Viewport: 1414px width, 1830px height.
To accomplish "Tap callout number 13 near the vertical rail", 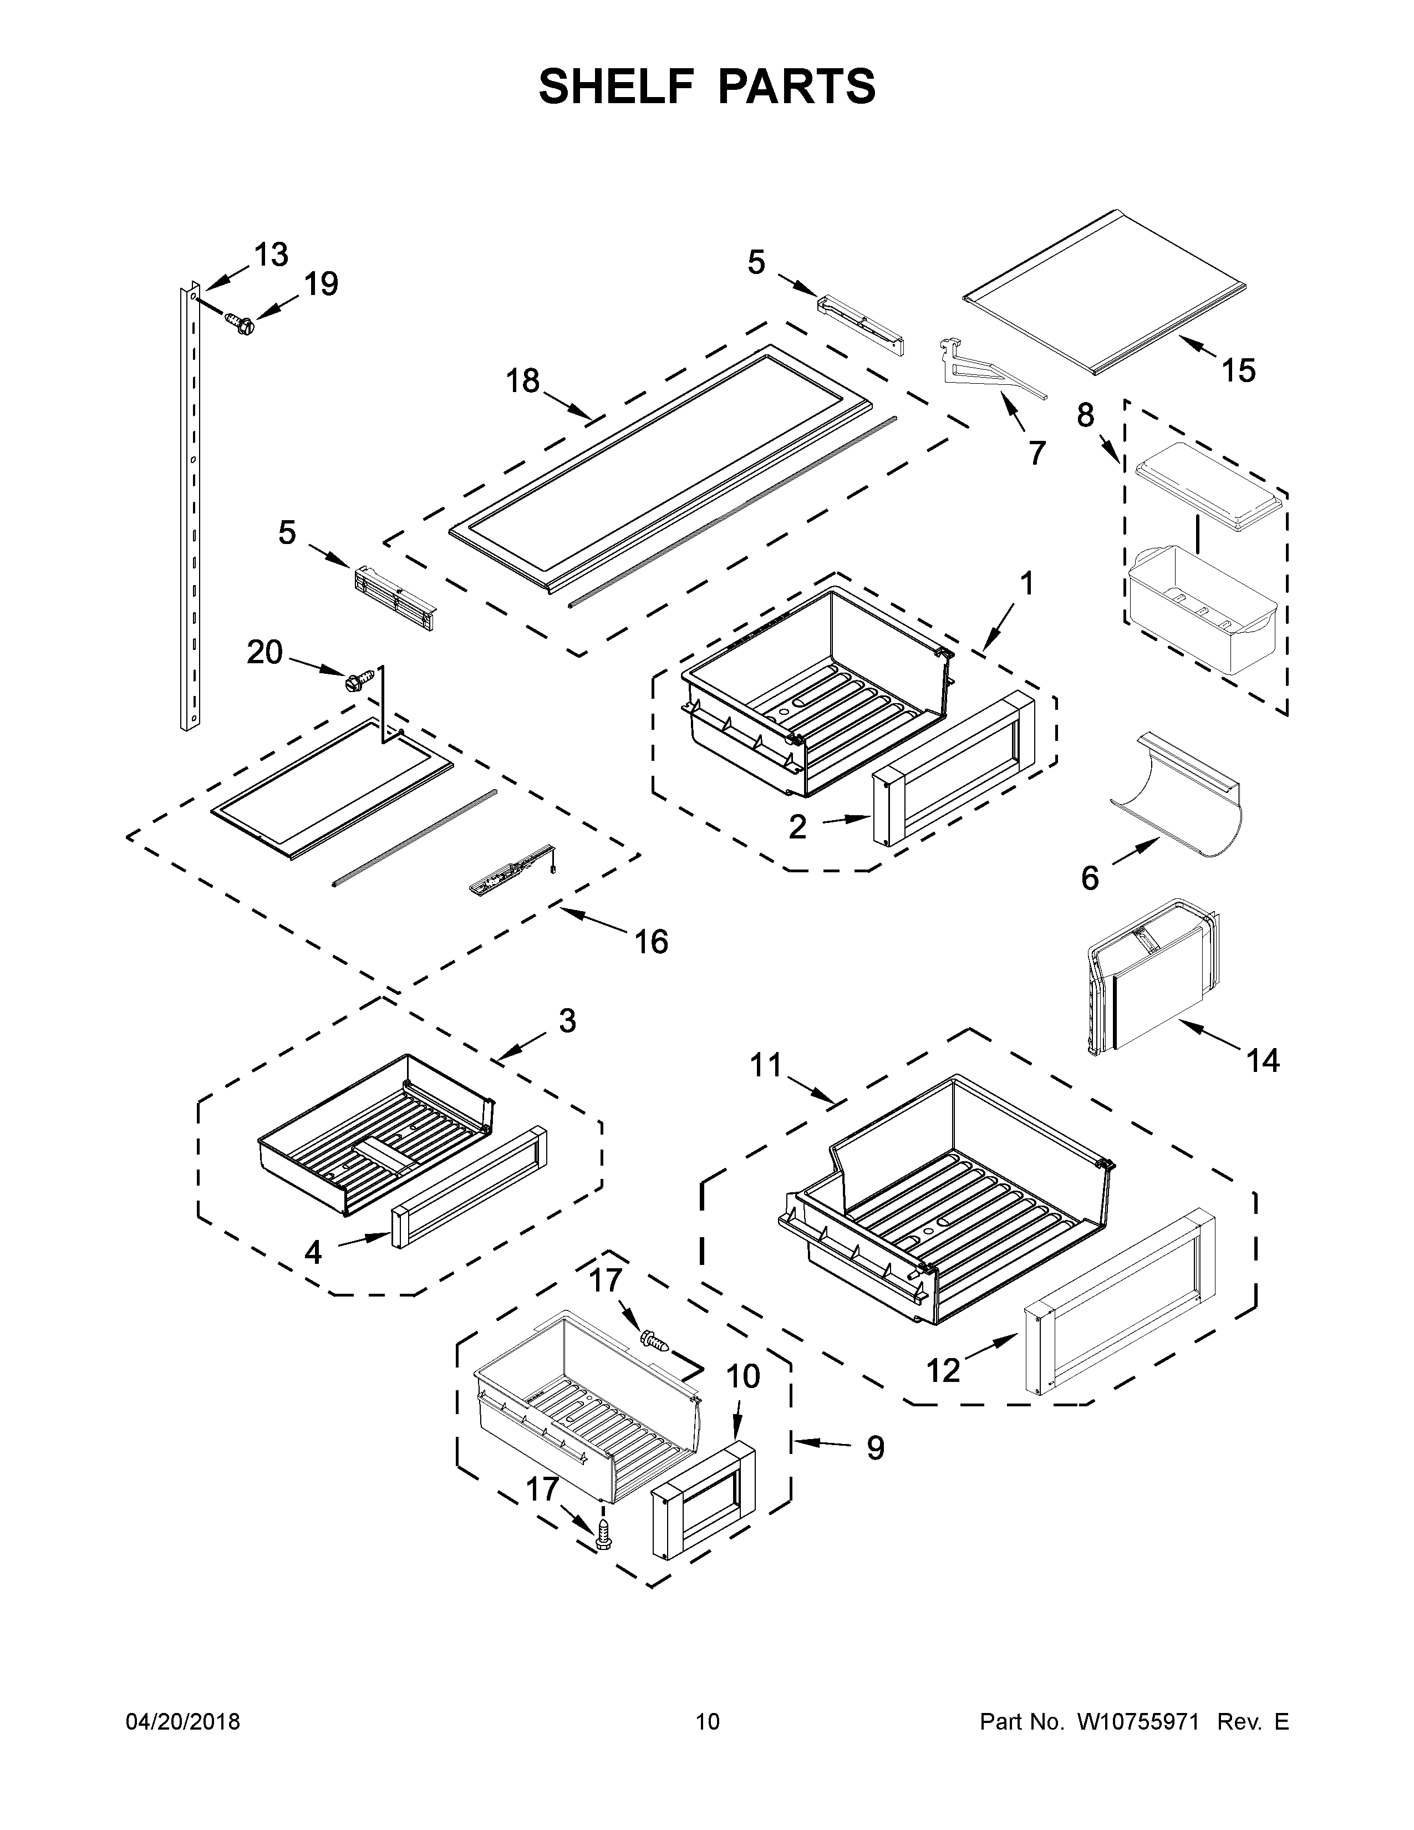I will pos(271,254).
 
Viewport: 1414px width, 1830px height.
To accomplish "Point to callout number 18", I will pos(523,382).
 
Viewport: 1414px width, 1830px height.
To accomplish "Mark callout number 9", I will pos(874,1448).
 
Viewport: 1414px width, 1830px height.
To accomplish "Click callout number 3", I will pos(567,1020).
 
